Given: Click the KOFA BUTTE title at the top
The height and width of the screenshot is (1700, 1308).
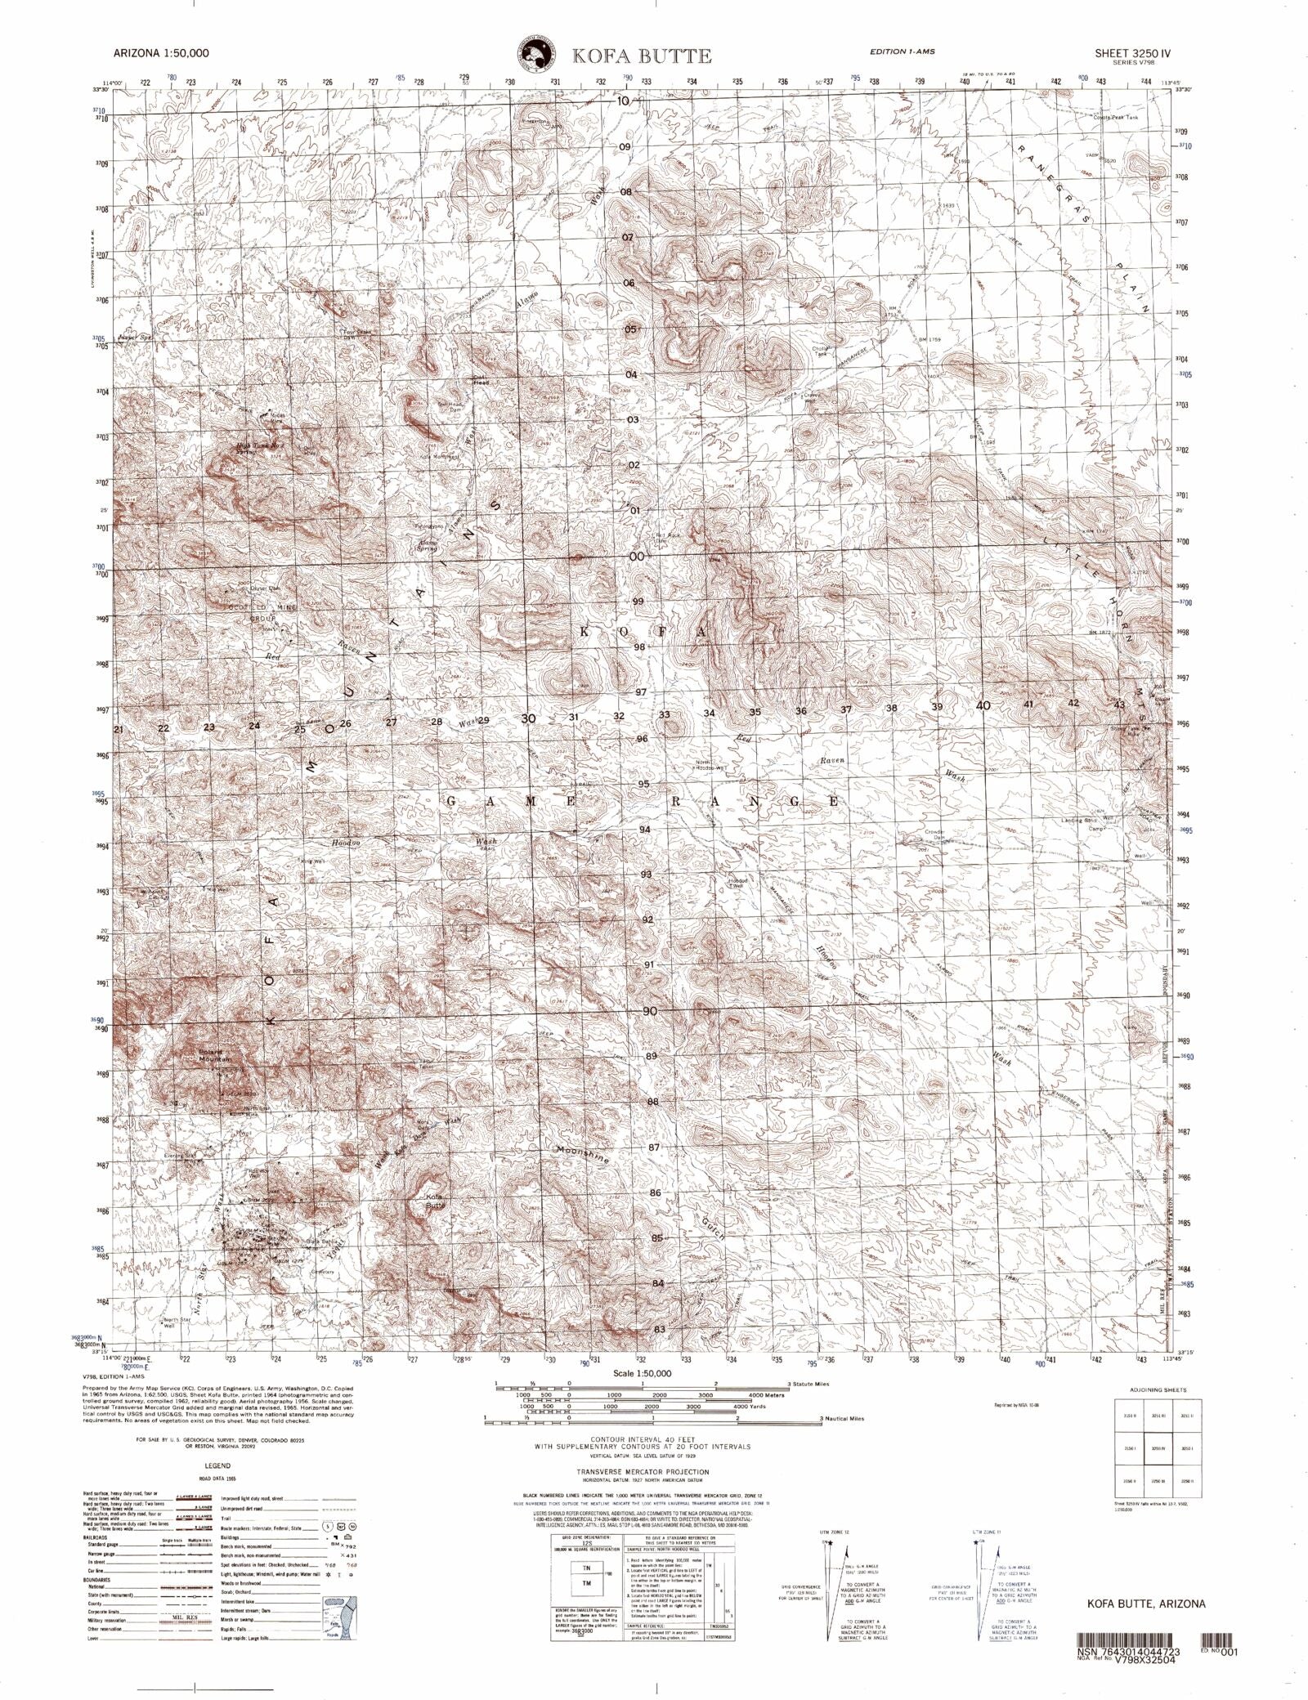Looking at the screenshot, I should coord(641,56).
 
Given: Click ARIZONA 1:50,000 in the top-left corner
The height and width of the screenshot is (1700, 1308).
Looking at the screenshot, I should coord(161,52).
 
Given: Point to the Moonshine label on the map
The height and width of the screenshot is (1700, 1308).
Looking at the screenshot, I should coord(582,1153).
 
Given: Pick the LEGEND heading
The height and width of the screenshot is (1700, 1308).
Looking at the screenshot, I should coord(217,1466).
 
